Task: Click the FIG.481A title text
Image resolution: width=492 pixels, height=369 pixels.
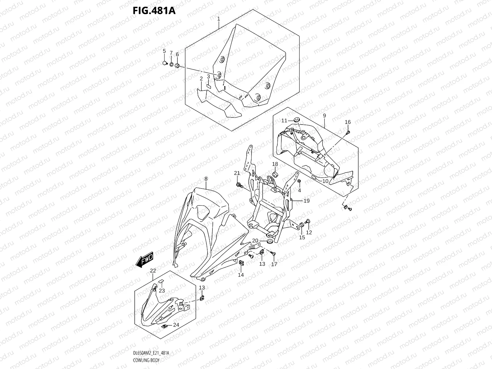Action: click(x=154, y=11)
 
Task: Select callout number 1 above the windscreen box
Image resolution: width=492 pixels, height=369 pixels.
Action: click(x=218, y=19)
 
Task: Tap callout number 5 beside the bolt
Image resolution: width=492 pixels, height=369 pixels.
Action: click(x=164, y=51)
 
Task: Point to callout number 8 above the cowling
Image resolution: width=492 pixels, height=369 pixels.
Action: click(x=206, y=179)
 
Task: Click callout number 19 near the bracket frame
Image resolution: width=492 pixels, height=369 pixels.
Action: click(x=306, y=201)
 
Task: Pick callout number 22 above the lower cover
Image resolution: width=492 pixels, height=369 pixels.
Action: click(x=153, y=271)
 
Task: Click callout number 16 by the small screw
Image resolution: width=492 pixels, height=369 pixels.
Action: click(x=347, y=122)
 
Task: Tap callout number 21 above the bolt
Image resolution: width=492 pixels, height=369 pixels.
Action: click(x=237, y=173)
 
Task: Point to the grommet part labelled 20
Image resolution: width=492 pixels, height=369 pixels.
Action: click(x=268, y=241)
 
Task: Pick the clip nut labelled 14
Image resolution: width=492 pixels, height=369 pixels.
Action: click(x=241, y=263)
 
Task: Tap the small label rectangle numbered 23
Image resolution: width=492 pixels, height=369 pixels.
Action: click(x=161, y=281)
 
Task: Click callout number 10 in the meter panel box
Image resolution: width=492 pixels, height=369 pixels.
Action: click(x=325, y=181)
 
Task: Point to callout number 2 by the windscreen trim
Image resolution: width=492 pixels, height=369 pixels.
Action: click(x=201, y=79)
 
